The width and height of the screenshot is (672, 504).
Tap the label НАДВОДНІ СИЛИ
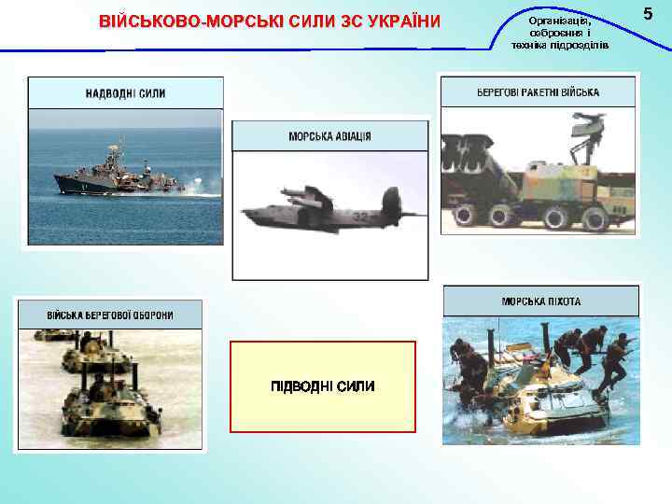[126, 93]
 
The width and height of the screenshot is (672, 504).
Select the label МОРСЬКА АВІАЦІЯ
[329, 136]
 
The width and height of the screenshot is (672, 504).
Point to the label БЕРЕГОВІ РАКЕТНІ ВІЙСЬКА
[538, 92]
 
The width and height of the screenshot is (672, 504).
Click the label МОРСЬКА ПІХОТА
[540, 301]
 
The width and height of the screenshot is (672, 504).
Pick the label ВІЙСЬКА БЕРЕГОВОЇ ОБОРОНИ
[109, 315]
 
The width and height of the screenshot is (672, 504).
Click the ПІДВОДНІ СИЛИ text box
[322, 386]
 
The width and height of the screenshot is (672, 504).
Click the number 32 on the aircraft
[358, 217]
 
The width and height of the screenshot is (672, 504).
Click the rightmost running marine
[616, 359]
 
